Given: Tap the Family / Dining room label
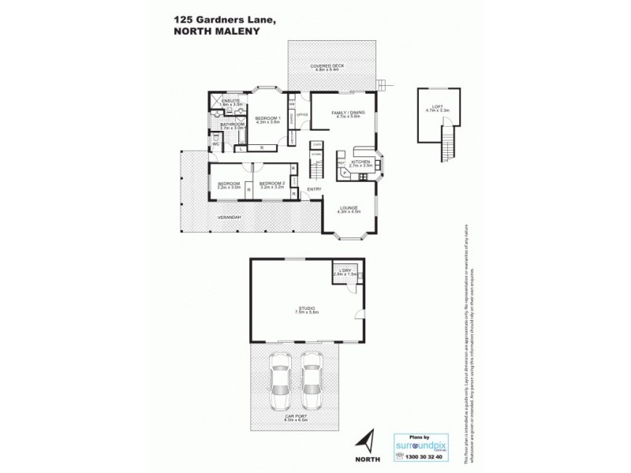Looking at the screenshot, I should click(345, 114).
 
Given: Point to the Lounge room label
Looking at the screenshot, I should click(349, 209).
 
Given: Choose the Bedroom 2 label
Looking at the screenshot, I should click(271, 185).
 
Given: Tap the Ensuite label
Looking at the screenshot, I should click(232, 102).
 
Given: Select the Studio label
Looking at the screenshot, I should click(305, 309).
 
